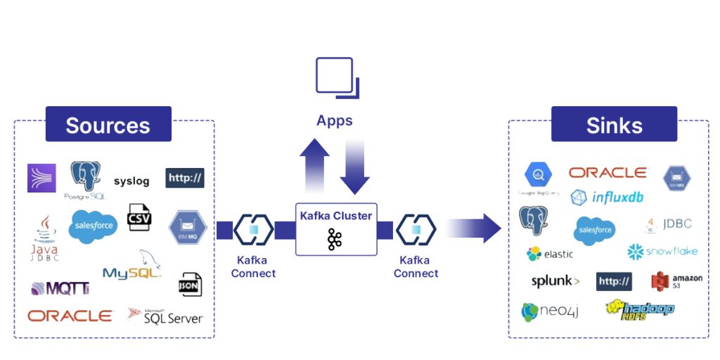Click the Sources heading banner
tap(108, 124)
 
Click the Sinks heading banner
tap(614, 124)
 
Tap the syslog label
tap(131, 181)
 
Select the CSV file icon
tap(139, 218)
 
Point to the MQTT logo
tap(60, 288)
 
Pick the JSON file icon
tap(191, 284)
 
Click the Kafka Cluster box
tap(335, 229)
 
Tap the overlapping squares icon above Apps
tap(337, 77)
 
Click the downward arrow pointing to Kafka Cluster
tap(354, 166)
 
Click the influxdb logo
tap(607, 198)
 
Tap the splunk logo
tap(555, 281)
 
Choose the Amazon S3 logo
tap(676, 281)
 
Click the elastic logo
tap(550, 254)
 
